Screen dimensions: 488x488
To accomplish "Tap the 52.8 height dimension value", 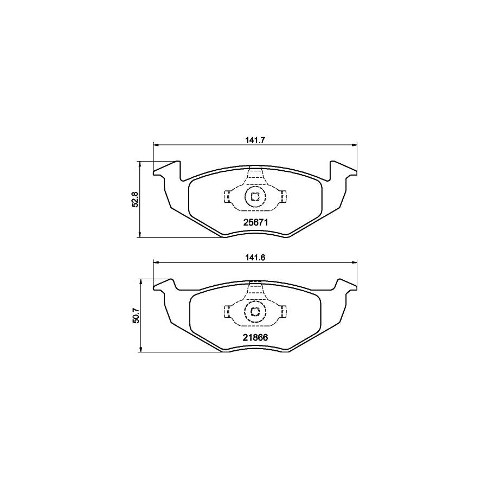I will [137, 200].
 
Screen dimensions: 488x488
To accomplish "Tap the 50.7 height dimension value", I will [137, 316].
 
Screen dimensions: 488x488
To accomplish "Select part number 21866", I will [255, 337].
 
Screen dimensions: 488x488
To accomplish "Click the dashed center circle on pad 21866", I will [255, 311].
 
